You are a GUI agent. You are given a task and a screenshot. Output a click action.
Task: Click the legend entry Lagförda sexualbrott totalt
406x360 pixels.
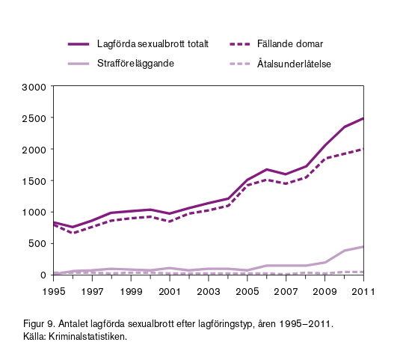point(153,44)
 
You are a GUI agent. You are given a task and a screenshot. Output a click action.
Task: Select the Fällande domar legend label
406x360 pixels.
point(290,44)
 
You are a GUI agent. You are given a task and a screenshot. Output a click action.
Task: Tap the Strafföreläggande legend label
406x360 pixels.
point(135,64)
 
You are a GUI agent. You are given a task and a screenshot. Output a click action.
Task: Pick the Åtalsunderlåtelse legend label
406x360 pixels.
point(294,64)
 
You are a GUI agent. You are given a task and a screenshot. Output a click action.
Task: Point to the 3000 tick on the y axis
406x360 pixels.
point(34,87)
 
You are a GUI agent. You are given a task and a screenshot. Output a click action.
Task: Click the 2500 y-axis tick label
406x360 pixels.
point(34,118)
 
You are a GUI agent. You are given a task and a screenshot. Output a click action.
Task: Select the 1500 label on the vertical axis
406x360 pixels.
point(34,181)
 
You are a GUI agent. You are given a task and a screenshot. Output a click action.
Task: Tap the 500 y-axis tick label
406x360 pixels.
point(37,244)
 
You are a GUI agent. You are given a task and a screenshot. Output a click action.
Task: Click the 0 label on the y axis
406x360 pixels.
point(43,275)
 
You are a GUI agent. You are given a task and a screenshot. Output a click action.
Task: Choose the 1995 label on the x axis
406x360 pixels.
point(54,292)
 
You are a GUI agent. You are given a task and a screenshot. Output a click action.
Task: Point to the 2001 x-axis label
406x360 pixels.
point(170,292)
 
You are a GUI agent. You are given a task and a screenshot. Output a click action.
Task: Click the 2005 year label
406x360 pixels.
point(247,292)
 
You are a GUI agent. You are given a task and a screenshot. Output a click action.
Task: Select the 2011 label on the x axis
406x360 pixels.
point(363,292)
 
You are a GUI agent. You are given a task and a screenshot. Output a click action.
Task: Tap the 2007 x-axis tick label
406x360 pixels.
point(286,292)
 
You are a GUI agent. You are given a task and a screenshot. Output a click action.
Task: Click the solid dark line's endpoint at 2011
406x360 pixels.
point(363,118)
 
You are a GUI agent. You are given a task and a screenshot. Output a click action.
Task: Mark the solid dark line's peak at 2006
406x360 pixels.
point(267,169)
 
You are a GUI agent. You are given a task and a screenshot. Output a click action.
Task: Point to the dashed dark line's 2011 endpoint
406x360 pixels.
point(363,149)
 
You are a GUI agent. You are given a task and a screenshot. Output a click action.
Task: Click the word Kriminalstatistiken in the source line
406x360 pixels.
point(87,336)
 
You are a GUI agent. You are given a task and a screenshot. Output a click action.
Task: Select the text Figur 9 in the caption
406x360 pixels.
point(39,324)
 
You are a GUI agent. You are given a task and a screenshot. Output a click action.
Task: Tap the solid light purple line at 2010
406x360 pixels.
point(345,251)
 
